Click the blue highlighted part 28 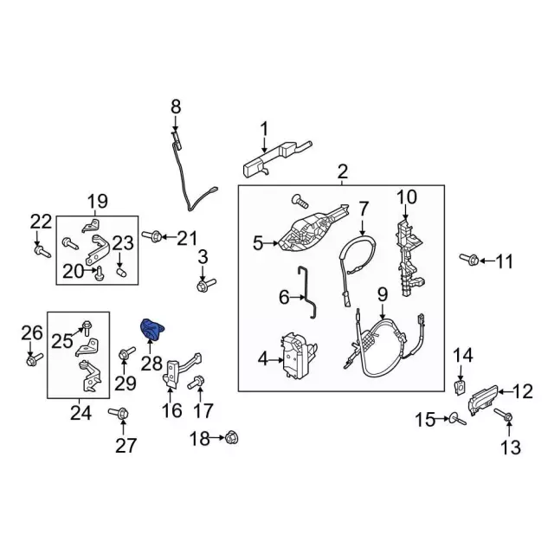[153, 330]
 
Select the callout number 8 [176, 106]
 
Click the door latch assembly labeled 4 [293, 355]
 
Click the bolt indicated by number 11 [470, 259]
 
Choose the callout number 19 [96, 202]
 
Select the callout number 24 [80, 414]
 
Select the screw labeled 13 [507, 418]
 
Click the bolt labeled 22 [41, 251]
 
